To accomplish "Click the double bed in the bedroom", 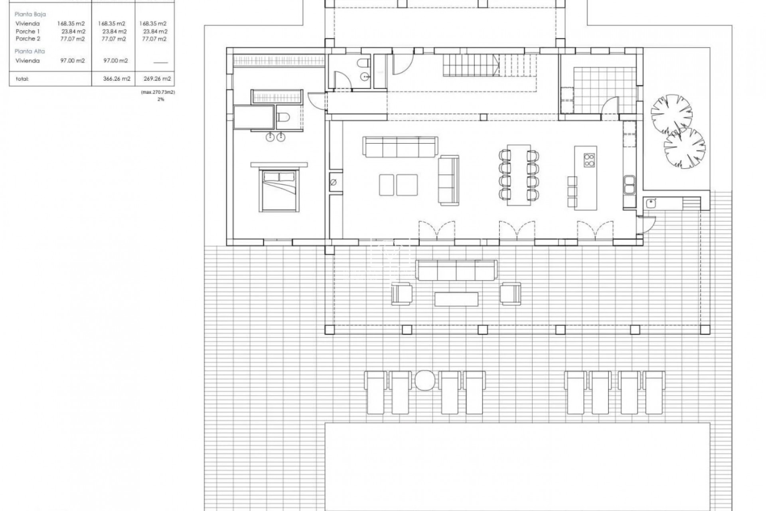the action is (x=279, y=190).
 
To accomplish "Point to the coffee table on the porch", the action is (x=456, y=299).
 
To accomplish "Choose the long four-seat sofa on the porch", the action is (x=456, y=270).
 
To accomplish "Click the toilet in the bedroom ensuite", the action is (x=284, y=118).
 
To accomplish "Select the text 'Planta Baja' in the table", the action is (x=30, y=14).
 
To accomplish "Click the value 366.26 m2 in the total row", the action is (x=116, y=79).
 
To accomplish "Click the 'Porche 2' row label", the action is (x=28, y=39).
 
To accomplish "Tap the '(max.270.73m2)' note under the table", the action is (x=158, y=92).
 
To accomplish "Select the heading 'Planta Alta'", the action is (x=30, y=51).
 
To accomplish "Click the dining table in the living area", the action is (x=519, y=175).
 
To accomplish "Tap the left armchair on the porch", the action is (x=401, y=293).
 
